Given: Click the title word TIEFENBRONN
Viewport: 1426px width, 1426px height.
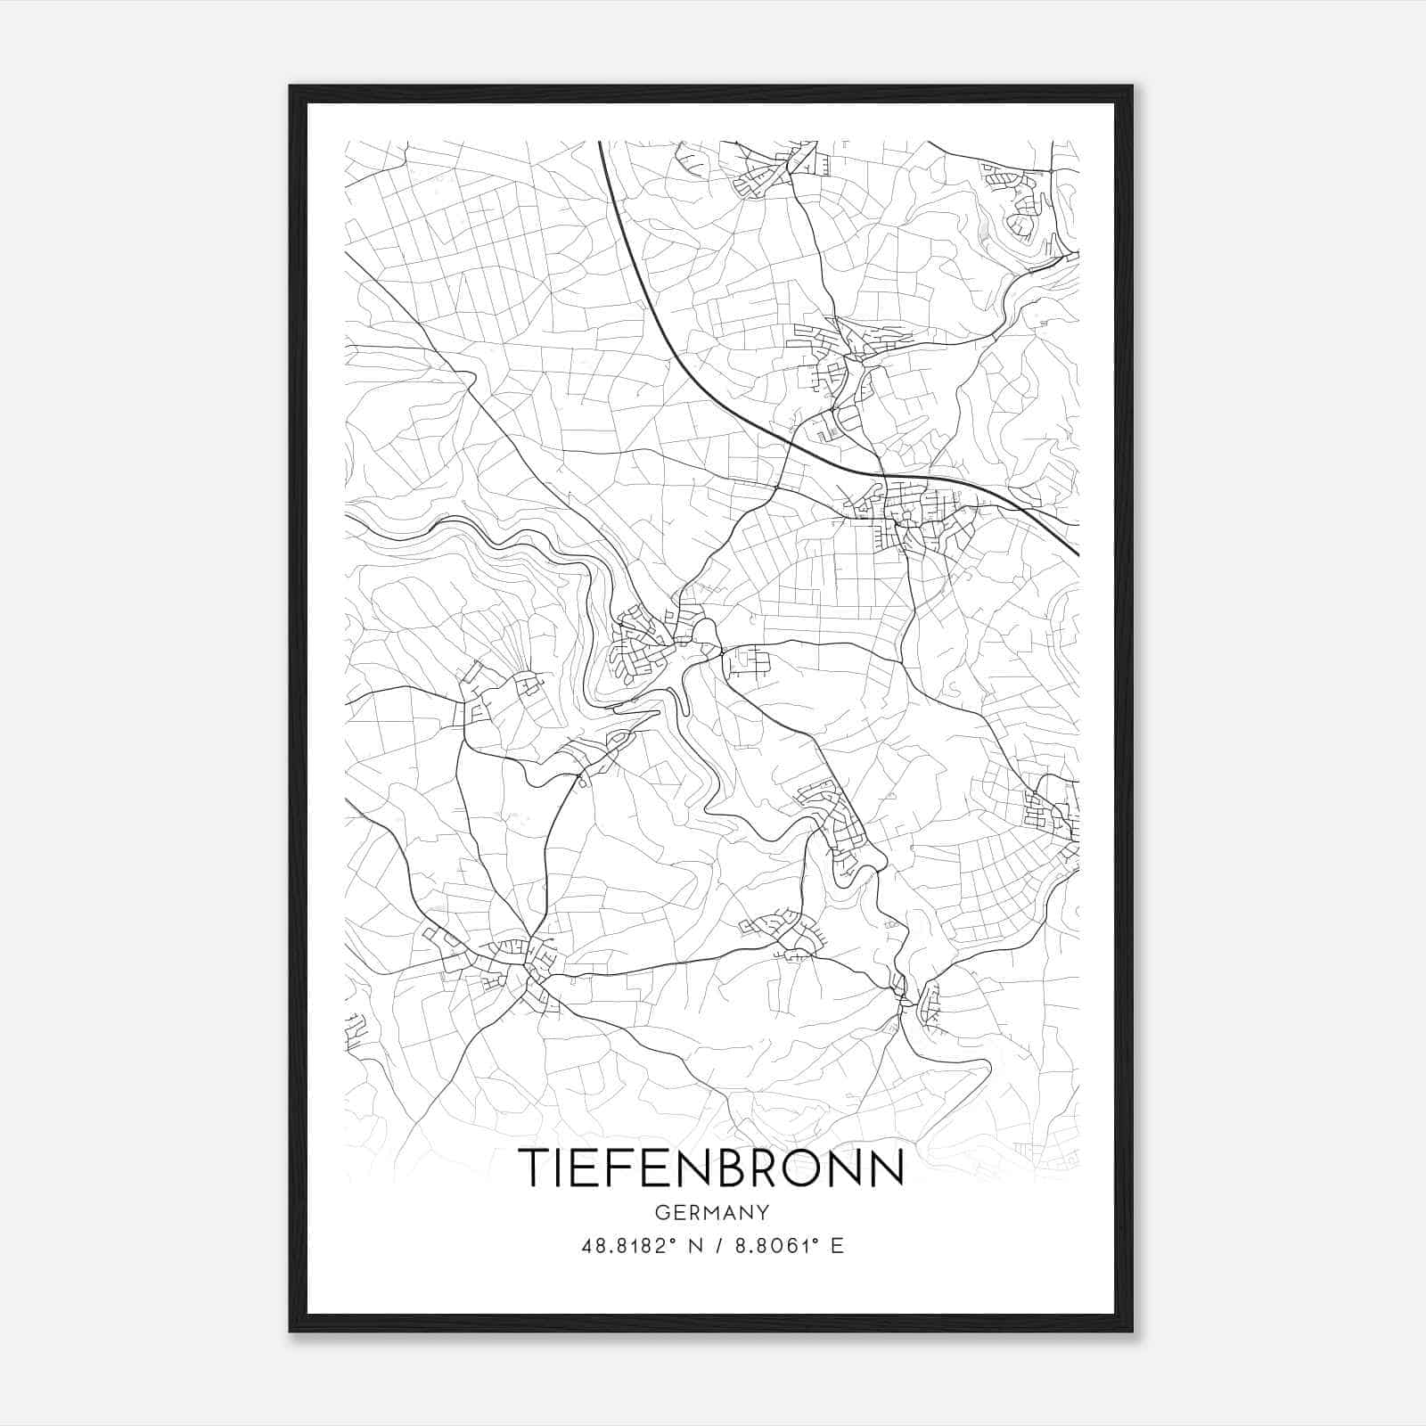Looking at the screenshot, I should [711, 1167].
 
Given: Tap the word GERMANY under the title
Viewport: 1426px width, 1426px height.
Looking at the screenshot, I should [711, 1212].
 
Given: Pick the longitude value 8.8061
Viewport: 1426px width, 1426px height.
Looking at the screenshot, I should [772, 1245].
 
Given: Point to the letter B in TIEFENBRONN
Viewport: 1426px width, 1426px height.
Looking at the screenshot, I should [718, 1167].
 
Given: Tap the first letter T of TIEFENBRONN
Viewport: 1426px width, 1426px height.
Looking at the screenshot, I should [535, 1167].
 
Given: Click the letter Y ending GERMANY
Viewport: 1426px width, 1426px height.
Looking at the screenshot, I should [762, 1212].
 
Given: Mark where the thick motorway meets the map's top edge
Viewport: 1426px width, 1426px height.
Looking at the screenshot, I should [601, 143].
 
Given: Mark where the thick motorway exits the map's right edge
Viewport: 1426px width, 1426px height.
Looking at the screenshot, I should [1078, 554].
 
